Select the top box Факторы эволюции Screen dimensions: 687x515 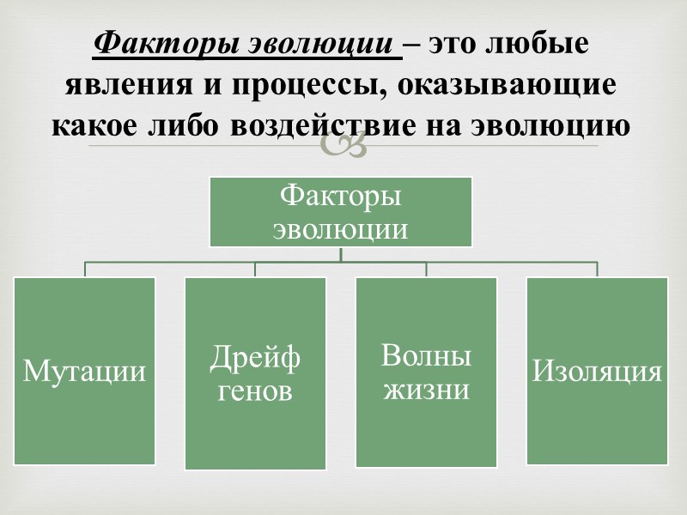[341, 211]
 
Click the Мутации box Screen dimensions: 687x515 [84, 371]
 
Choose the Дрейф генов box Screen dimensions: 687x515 [255, 373]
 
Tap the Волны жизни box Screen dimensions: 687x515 [427, 371]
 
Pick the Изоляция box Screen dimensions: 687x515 [597, 371]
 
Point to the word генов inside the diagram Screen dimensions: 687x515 [255, 391]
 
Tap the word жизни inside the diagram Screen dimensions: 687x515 [427, 389]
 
